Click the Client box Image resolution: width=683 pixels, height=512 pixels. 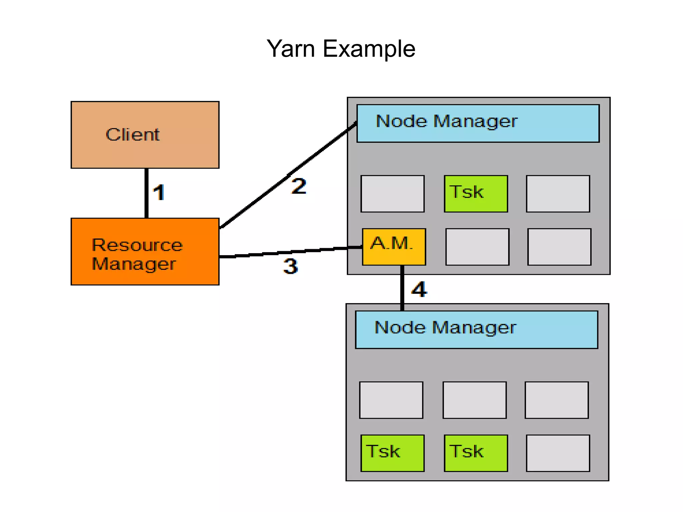pyautogui.click(x=145, y=135)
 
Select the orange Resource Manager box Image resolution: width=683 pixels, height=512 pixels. pyautogui.click(x=145, y=251)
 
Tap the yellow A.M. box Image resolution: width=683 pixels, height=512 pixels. pyautogui.click(x=394, y=247)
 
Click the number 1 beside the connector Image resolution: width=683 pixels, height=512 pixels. pyautogui.click(x=159, y=193)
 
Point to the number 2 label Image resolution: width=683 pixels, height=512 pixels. pyautogui.click(x=298, y=186)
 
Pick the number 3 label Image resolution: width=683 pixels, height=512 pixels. pyautogui.click(x=290, y=266)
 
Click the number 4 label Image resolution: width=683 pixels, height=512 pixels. pyautogui.click(x=419, y=289)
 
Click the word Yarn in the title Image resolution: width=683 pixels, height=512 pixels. pyautogui.click(x=291, y=49)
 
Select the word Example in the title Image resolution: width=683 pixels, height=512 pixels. pyautogui.click(x=369, y=49)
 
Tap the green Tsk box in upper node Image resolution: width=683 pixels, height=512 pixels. pyautogui.click(x=476, y=193)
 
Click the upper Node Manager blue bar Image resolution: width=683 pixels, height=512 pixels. pyautogui.click(x=478, y=123)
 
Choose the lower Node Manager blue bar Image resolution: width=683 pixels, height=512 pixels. pyautogui.click(x=476, y=330)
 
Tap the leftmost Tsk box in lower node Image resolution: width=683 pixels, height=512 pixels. pyautogui.click(x=392, y=453)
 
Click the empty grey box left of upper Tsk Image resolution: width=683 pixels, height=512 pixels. pyautogui.click(x=392, y=193)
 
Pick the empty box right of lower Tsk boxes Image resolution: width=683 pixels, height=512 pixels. pyautogui.click(x=558, y=453)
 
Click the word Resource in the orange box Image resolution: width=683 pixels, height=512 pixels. pyautogui.click(x=137, y=245)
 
